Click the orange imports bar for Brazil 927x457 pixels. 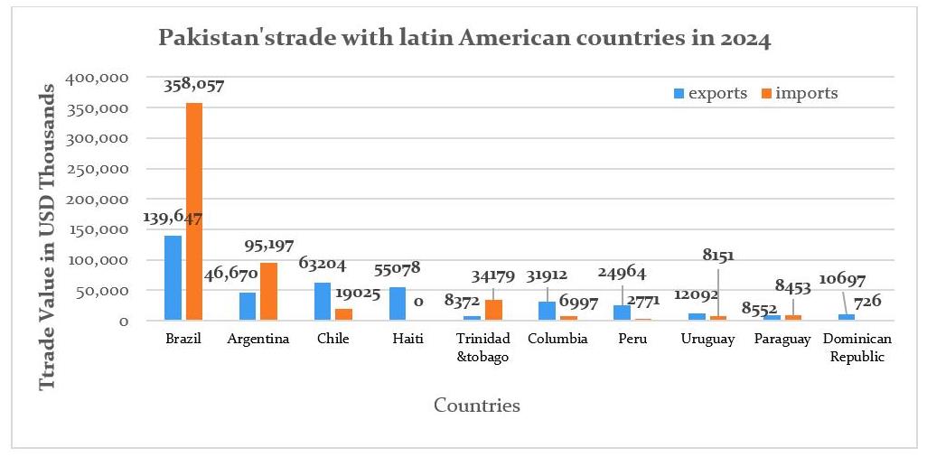tap(194, 212)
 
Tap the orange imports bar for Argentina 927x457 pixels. tap(268, 291)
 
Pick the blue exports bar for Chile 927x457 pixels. tap(323, 301)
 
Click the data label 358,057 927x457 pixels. tap(194, 86)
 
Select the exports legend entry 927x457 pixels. tap(710, 93)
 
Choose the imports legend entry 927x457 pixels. tap(799, 93)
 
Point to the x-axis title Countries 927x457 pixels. tap(477, 406)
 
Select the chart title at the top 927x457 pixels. tap(464, 39)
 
